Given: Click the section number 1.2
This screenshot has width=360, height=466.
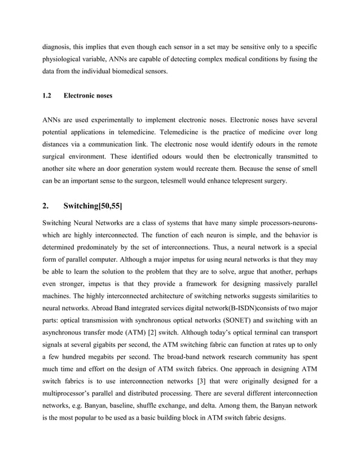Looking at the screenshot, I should click(48, 96).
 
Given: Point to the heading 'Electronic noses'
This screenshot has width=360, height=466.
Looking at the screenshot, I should click(88, 96).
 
